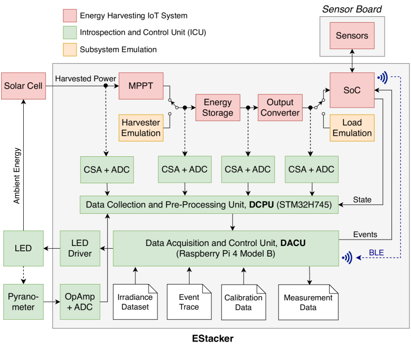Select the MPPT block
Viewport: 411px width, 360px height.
click(141, 85)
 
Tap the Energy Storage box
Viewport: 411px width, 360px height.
click(217, 107)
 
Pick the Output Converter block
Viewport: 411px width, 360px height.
click(279, 107)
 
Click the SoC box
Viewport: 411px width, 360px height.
click(352, 90)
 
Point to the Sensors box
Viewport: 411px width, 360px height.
click(352, 36)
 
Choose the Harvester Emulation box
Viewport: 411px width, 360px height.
click(141, 128)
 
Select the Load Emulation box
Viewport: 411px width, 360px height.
click(352, 128)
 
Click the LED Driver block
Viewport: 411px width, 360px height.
click(79, 248)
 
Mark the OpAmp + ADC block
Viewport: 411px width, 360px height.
click(79, 301)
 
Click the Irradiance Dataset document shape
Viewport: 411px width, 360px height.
click(135, 301)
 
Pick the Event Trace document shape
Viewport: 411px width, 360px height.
click(189, 301)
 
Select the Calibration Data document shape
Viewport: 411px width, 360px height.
click(243, 301)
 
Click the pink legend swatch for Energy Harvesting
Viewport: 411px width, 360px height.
click(70, 15)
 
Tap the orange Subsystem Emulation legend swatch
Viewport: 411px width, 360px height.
click(70, 50)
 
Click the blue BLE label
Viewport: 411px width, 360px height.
click(376, 253)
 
